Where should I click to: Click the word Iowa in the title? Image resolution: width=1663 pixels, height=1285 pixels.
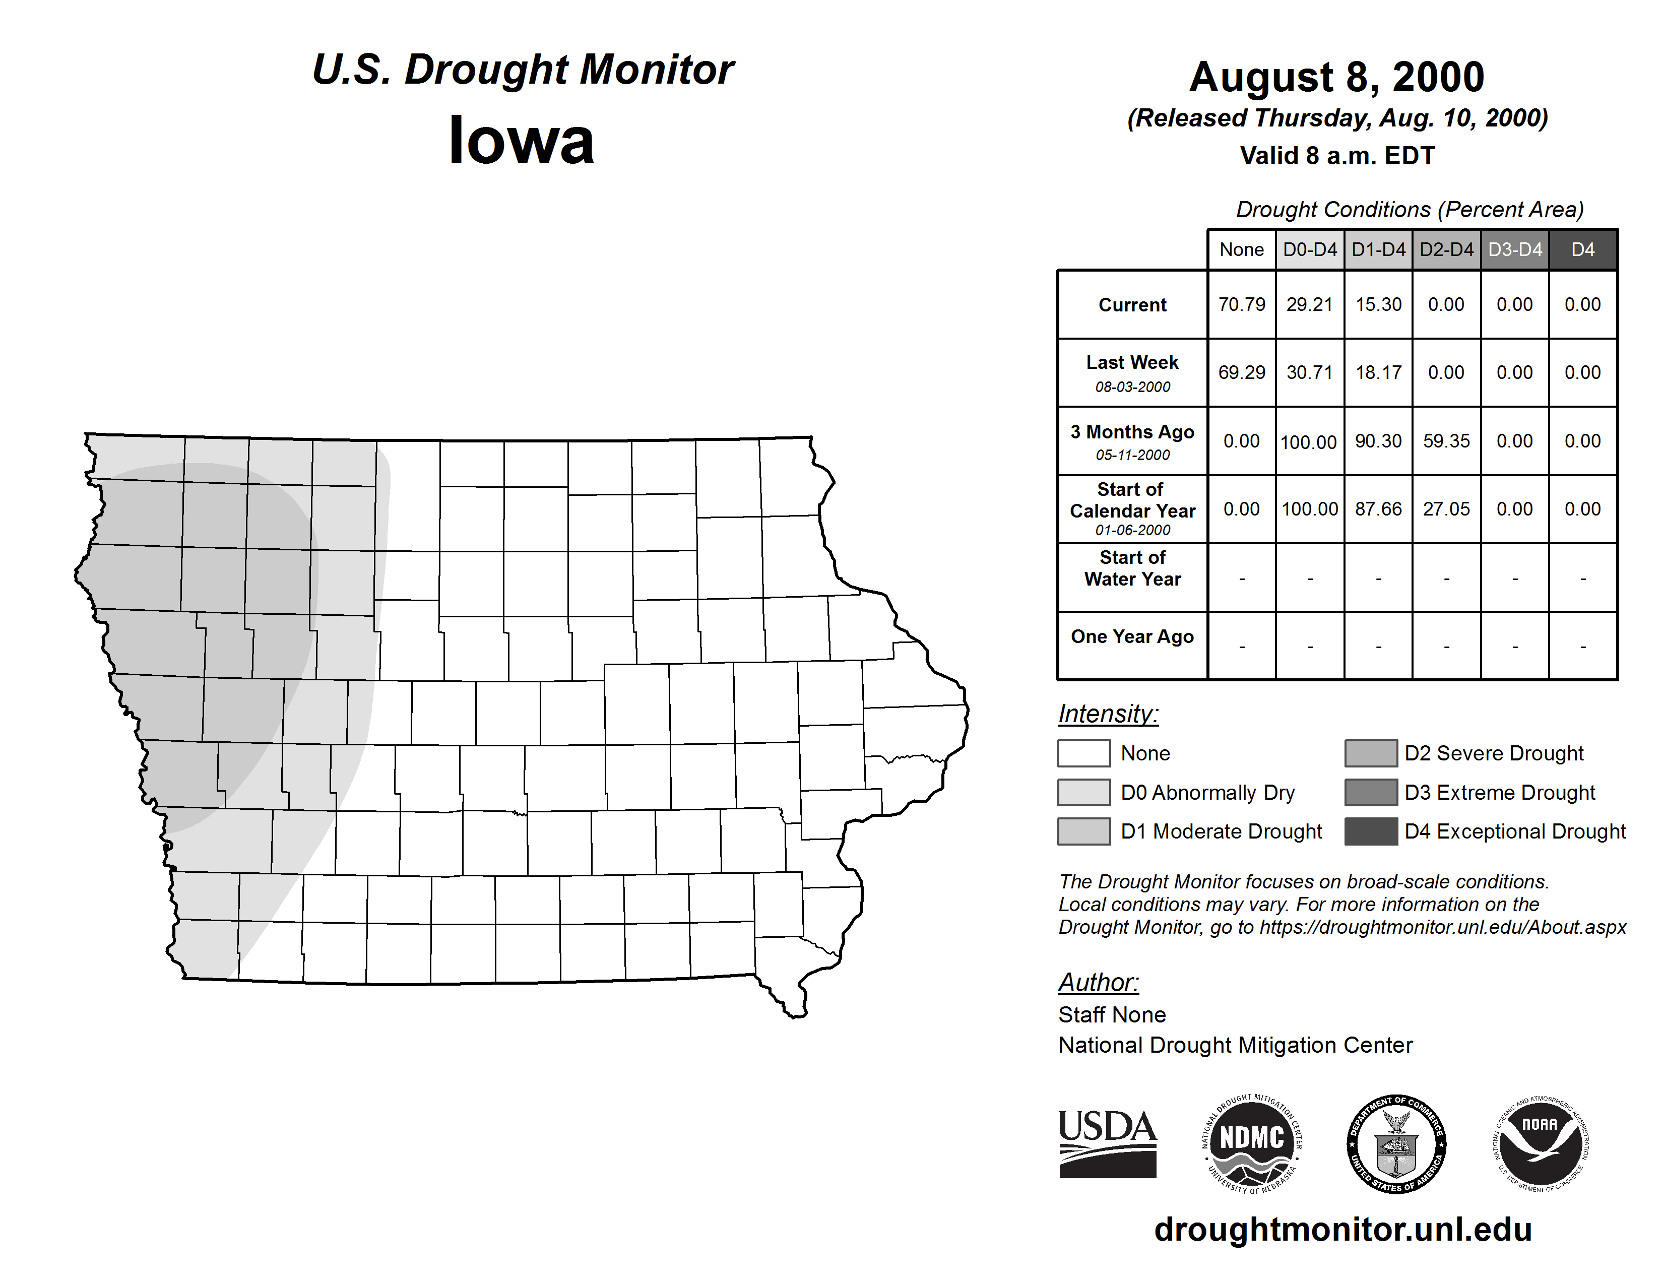522,141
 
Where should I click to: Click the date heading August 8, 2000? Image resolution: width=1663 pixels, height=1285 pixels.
1336,77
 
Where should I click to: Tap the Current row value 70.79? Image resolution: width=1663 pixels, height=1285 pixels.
1241,304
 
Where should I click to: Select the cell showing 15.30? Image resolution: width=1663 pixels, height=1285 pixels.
1378,304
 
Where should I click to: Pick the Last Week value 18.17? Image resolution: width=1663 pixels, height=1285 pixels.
1378,373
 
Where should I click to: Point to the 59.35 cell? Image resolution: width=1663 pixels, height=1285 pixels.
1446,441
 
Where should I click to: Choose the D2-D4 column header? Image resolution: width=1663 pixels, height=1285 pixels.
1446,249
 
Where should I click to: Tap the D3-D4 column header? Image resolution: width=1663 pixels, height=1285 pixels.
1514,249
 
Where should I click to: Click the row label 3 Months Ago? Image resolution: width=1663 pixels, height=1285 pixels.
1132,432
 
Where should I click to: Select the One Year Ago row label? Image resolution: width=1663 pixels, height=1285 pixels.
1132,636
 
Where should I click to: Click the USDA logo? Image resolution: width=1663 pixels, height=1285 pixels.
1107,1143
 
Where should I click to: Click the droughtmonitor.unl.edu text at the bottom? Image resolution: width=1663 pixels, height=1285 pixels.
1342,1230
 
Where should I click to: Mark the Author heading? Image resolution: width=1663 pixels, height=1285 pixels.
1098,983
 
